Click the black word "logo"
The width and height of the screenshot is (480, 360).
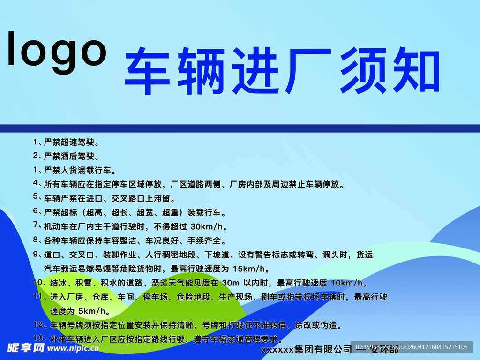pyautogui.click(x=57, y=49)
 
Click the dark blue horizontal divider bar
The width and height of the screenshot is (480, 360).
pyautogui.click(x=240, y=128)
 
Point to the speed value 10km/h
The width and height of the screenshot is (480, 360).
pyautogui.click(x=347, y=283)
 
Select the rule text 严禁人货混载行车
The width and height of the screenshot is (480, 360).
pyautogui.click(x=79, y=170)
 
